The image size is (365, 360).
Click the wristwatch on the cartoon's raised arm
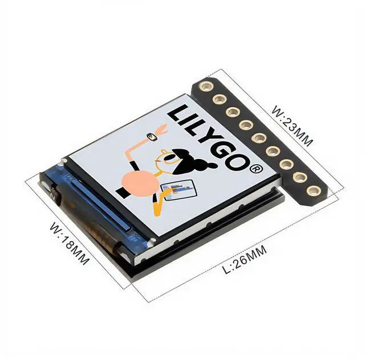point(151,137)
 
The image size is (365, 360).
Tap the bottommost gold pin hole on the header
point(313,190)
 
